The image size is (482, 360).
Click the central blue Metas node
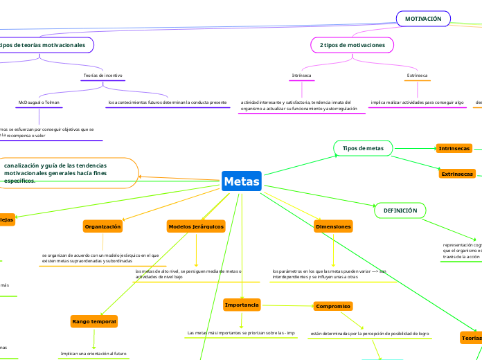[242, 182]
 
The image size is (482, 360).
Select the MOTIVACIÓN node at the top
[423, 19]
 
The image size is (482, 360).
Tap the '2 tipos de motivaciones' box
[353, 45]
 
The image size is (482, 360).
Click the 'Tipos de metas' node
[363, 148]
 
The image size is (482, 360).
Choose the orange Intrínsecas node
[454, 148]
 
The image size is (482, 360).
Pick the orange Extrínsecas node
[457, 174]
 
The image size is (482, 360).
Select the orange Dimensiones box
[333, 226]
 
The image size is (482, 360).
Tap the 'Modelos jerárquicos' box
[196, 226]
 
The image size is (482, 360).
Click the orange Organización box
[102, 226]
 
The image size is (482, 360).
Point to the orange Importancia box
[242, 305]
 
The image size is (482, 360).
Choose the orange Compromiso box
[333, 306]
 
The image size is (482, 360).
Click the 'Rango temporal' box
[94, 321]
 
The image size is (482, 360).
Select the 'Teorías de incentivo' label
[103, 75]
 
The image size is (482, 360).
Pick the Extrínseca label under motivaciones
[417, 75]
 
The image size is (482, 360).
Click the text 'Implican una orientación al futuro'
[93, 353]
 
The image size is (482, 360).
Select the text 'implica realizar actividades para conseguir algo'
[417, 102]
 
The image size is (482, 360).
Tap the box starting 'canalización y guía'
[69, 173]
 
